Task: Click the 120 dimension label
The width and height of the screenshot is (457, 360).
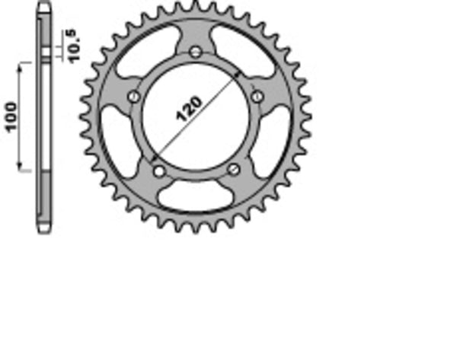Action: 190,109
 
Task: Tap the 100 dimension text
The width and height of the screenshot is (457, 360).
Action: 11,115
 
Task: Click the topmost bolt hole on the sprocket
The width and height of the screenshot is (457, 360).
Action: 195,52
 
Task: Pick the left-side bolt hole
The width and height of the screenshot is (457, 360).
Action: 134,97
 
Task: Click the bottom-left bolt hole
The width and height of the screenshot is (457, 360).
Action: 158,169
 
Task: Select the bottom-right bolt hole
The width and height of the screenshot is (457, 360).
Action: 233,168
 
